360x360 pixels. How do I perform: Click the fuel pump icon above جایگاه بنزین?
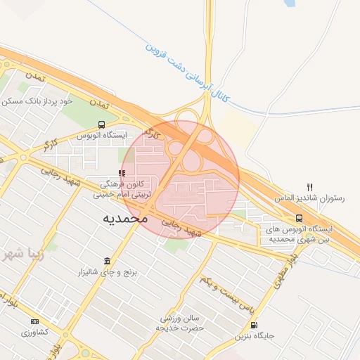coord(254,325)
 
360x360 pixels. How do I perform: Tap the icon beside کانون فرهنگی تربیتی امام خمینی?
coord(122,173)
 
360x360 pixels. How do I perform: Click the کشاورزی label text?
coord(34,331)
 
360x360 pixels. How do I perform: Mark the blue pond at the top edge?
coord(289,4)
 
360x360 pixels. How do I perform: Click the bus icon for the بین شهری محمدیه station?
coord(300,218)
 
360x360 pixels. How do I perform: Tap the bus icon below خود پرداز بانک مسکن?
coord(103,124)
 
